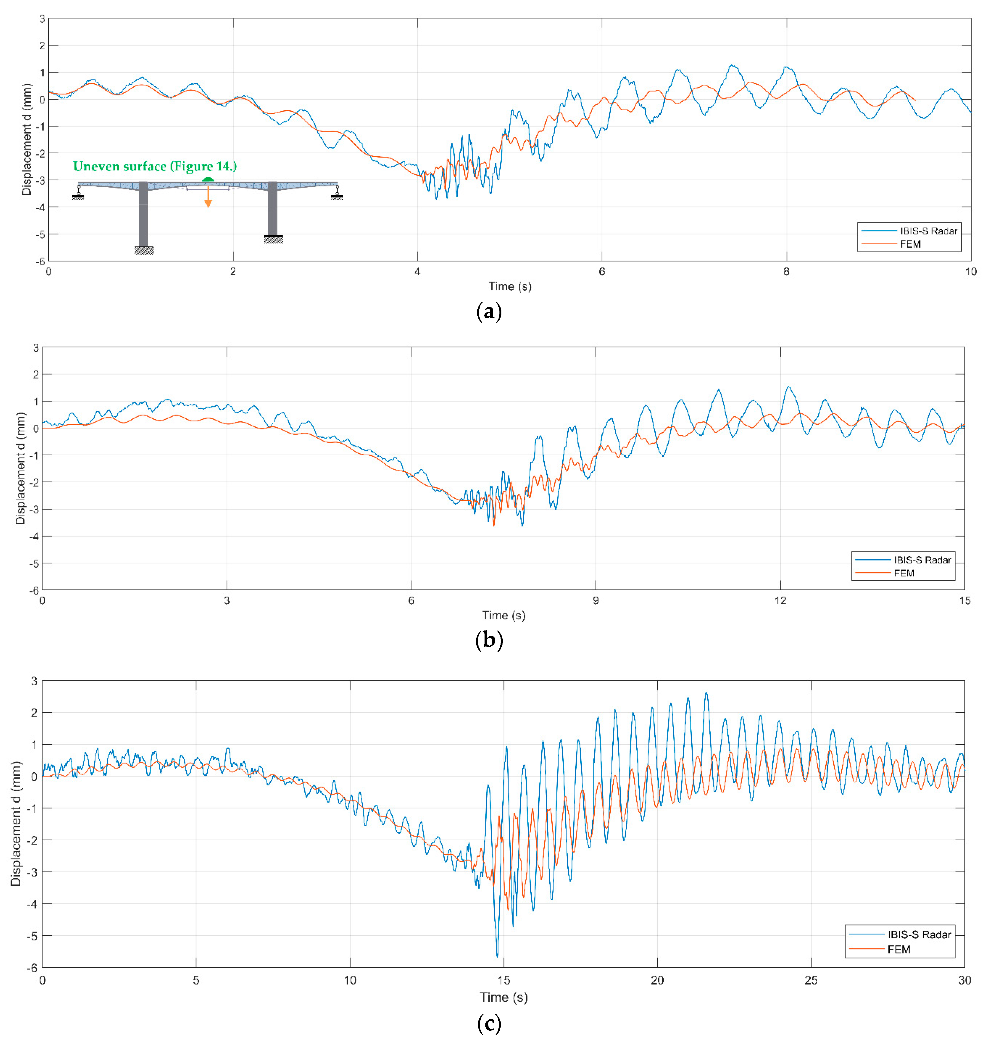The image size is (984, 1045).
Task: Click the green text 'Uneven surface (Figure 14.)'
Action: [155, 167]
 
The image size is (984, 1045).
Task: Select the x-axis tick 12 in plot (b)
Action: [780, 600]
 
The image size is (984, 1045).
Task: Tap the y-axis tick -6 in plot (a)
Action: [40, 261]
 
